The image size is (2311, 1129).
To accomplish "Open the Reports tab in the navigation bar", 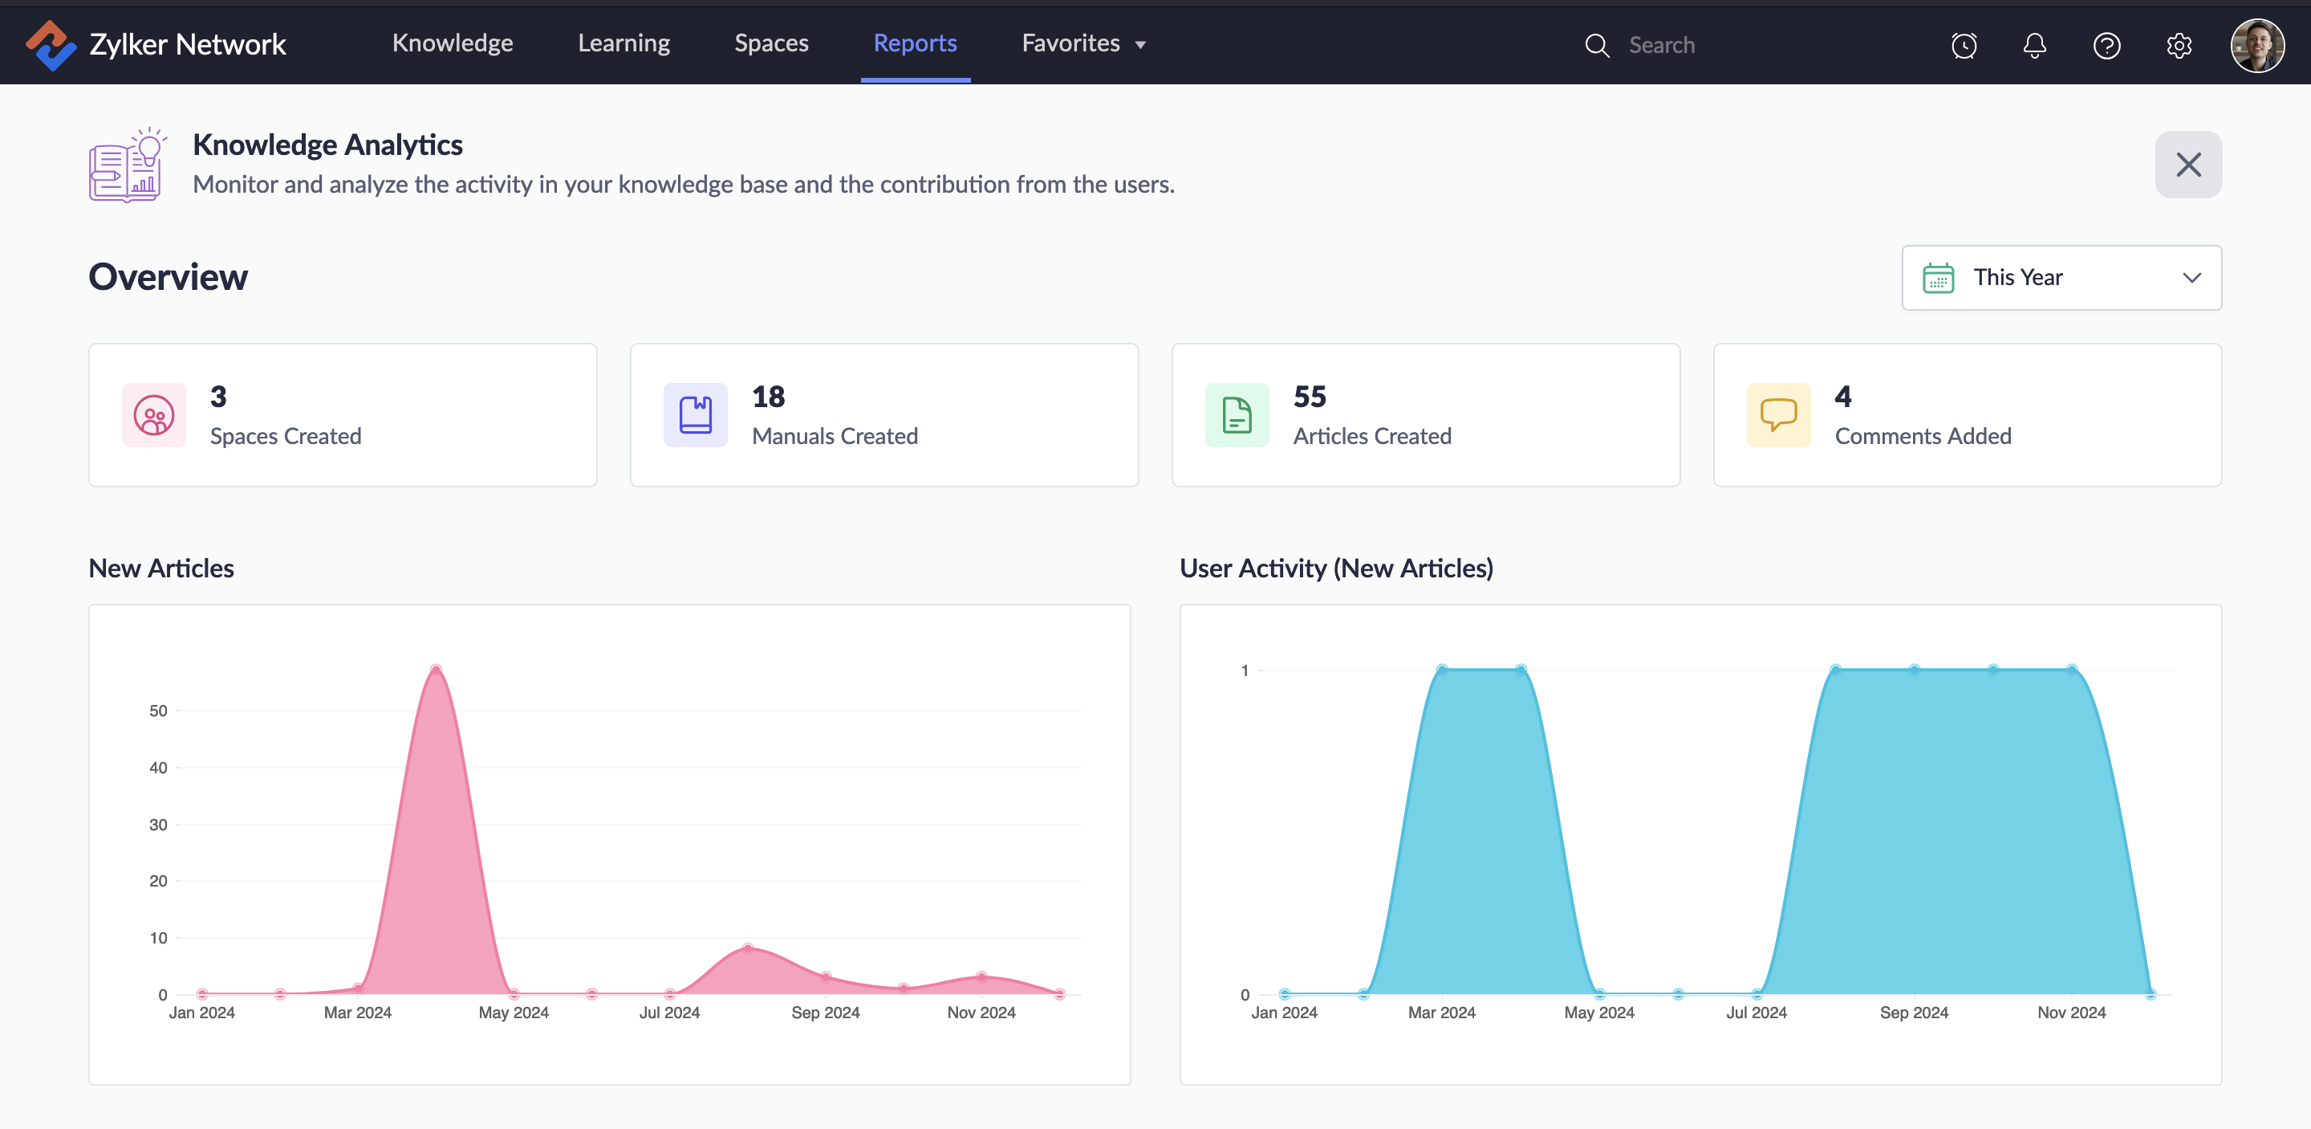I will [x=915, y=43].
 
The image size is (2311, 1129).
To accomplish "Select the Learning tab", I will [x=623, y=43].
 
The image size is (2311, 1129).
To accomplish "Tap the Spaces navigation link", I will [x=771, y=43].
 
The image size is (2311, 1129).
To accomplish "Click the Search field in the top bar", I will [x=1704, y=45].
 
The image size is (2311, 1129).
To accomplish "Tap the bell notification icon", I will [x=2035, y=45].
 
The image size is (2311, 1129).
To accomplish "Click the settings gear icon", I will [x=2179, y=45].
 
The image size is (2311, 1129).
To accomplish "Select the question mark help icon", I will [x=2106, y=45].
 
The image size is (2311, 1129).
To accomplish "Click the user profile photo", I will [x=2257, y=45].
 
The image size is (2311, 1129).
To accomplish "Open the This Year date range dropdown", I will [x=2061, y=277].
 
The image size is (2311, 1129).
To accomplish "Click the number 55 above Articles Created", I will [x=1310, y=397].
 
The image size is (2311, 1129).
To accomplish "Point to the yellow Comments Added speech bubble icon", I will [x=1778, y=414].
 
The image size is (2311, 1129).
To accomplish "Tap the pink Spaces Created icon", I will [x=154, y=414].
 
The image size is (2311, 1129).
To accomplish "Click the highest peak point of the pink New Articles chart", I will [x=436, y=670].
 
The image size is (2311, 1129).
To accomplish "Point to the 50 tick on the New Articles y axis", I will [x=158, y=711].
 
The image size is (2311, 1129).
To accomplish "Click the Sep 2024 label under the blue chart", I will [x=1914, y=1013].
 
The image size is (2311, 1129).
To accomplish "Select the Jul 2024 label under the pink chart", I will [x=669, y=1013].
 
